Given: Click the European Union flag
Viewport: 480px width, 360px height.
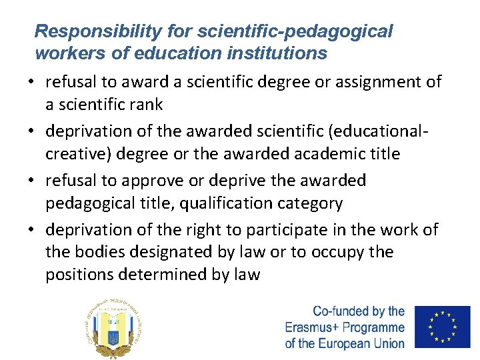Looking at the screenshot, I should (442, 327).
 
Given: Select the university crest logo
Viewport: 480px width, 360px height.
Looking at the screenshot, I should (114, 327).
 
